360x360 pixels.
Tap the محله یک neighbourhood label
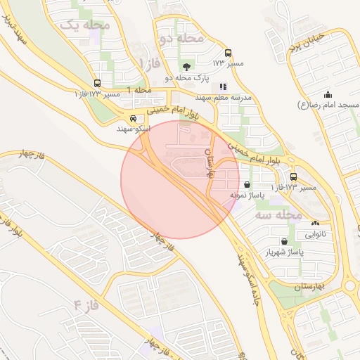86,25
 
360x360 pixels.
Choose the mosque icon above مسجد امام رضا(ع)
328,94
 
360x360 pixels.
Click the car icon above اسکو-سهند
134,119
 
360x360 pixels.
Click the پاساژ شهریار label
284,252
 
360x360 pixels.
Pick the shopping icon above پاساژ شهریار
284,241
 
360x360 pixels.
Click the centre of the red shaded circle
180,180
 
